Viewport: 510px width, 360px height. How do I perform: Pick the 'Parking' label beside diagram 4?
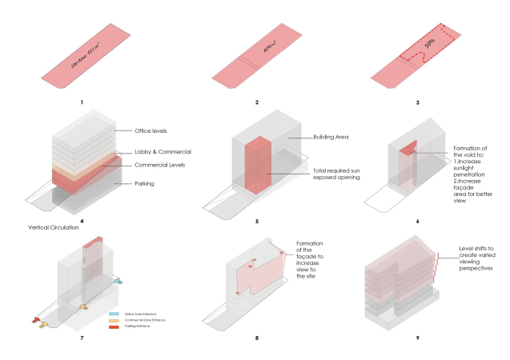coord(144,184)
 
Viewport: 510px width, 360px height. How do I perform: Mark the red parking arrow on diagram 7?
coord(35,320)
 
